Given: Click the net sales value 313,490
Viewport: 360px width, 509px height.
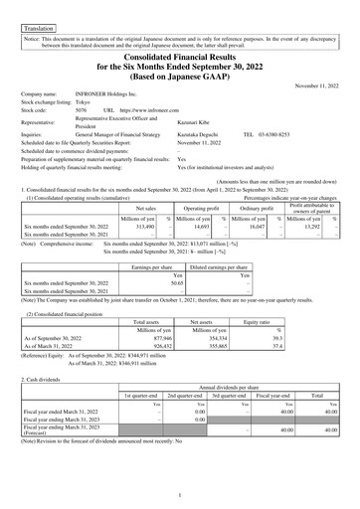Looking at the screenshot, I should [143, 199].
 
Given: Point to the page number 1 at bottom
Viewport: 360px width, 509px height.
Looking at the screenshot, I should [179, 494].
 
